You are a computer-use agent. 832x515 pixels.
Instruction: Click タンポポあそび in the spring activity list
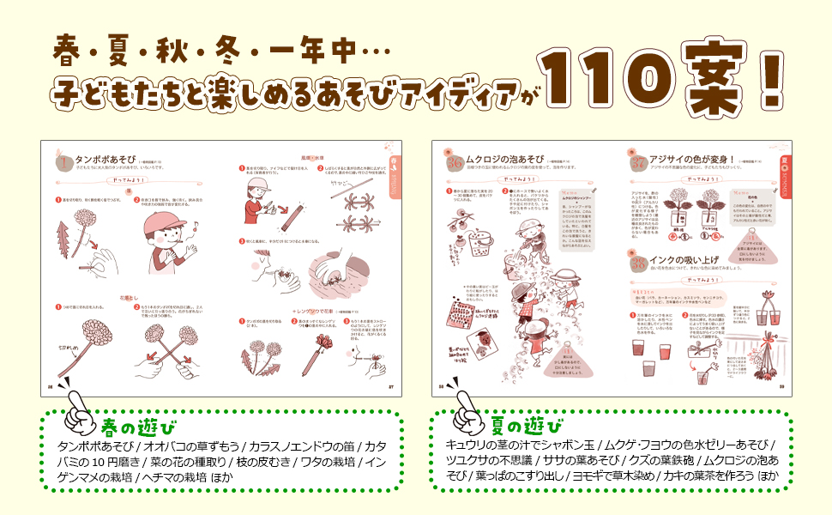click(x=93, y=446)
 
